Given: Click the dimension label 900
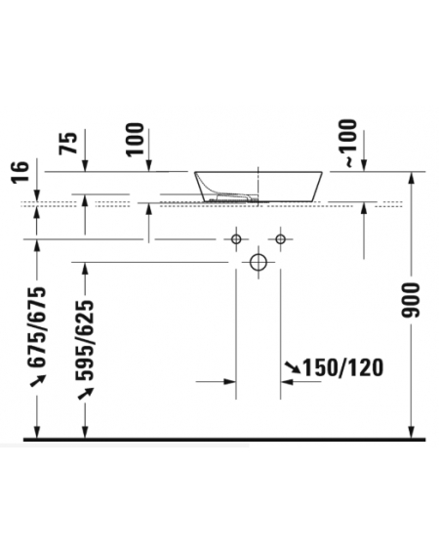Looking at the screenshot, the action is tap(411, 300).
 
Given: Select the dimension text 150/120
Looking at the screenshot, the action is tap(343, 367).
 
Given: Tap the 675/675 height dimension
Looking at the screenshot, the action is tap(37, 326).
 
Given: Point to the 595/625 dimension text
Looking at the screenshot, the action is tap(85, 340).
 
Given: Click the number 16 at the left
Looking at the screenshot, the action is tap(20, 172).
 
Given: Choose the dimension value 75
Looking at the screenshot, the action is tap(68, 143).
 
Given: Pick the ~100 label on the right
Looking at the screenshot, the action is tap(348, 143).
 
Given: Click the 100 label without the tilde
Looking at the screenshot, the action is tap(136, 139).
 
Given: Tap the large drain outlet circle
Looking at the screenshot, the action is tap(259, 263).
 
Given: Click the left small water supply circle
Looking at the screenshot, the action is tap(236, 239).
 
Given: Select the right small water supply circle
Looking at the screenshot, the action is tap(281, 239).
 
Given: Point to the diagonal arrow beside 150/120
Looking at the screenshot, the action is tap(293, 367).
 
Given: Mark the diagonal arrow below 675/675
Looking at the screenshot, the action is tap(37, 380).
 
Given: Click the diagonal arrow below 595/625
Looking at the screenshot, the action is tap(86, 393).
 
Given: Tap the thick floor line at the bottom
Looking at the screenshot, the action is tap(224, 440).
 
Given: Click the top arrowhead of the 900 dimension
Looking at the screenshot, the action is tap(411, 178).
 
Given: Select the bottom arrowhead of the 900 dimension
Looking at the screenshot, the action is tap(411, 432).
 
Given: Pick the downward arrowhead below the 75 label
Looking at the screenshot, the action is tap(85, 165).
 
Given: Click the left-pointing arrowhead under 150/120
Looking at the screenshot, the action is tap(287, 382).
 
